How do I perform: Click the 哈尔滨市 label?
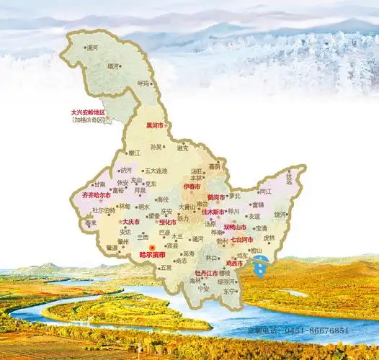coord(151,255)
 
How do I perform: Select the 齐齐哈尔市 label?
coord(96,194)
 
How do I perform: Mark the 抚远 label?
coord(291,175)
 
